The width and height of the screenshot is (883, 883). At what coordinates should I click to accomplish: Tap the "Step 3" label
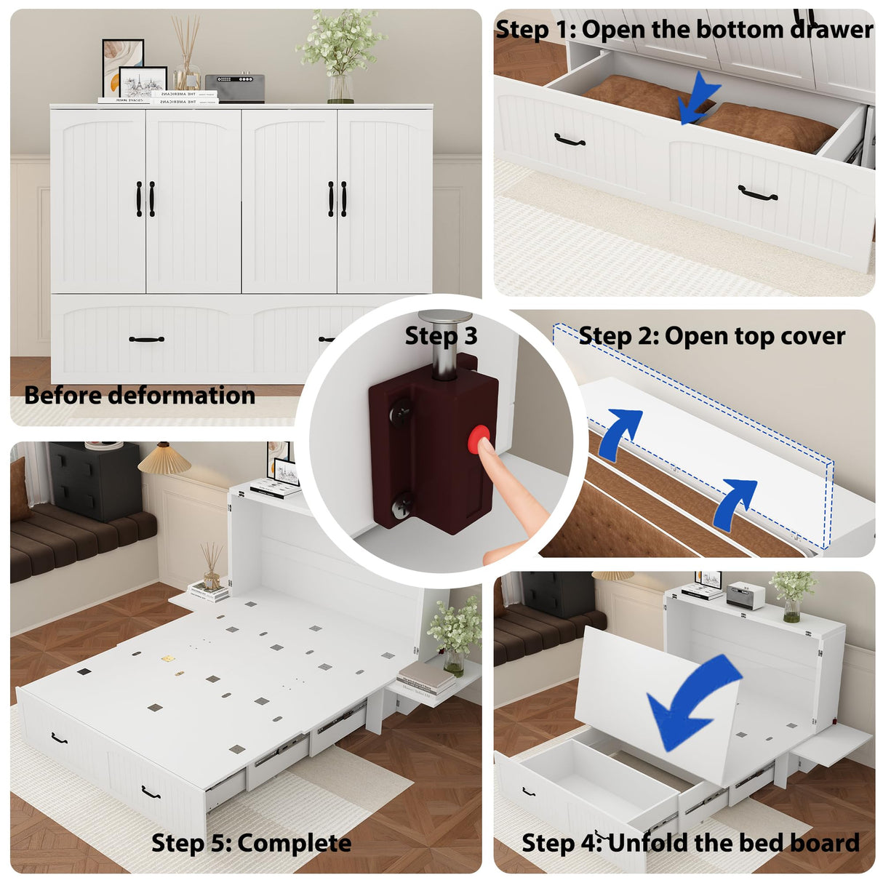[x=441, y=335]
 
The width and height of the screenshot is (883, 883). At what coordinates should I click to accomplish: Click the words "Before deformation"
[x=140, y=395]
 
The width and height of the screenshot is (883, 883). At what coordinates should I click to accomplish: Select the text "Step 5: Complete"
[x=251, y=843]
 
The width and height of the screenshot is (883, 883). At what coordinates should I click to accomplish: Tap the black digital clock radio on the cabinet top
[x=234, y=88]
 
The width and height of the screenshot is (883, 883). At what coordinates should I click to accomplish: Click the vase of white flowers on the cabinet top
[x=340, y=55]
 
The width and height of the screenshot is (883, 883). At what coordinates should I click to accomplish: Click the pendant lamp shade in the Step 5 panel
[x=164, y=459]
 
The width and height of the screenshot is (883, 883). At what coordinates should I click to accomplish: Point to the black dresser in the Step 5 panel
[x=95, y=481]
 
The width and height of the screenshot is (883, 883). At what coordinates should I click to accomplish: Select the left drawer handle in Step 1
[x=570, y=140]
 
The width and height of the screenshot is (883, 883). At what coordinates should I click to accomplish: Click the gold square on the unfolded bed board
[x=168, y=658]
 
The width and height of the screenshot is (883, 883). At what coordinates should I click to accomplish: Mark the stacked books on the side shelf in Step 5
[x=426, y=679]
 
